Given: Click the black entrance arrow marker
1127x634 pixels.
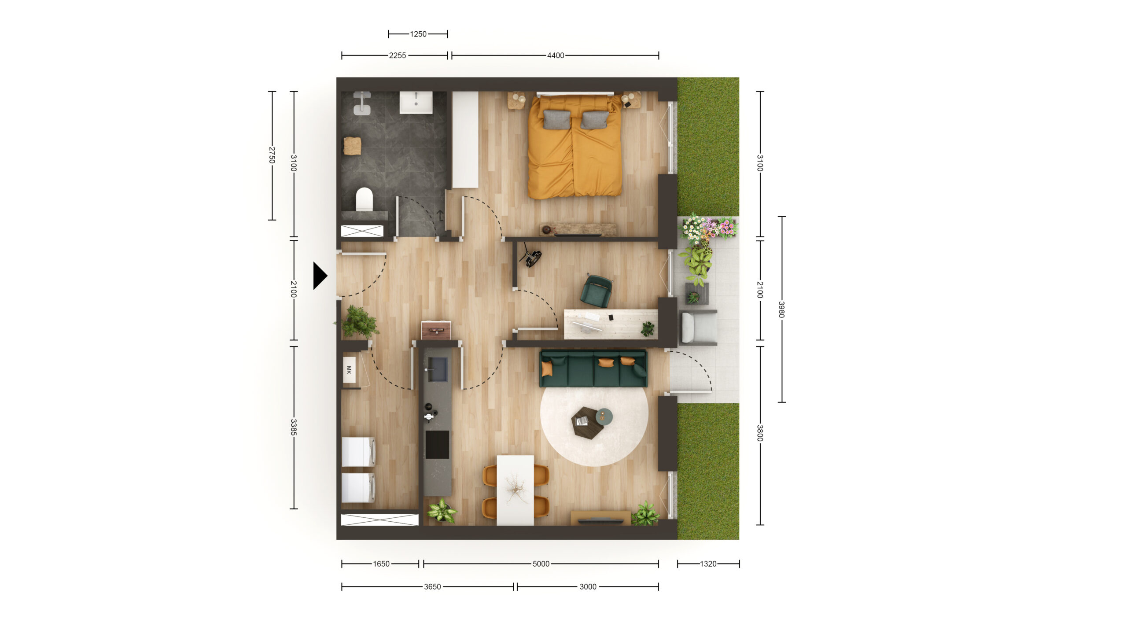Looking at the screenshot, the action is coord(320,276).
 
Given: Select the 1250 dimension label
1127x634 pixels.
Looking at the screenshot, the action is coord(418,34).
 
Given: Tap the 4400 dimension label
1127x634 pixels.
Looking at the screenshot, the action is coord(555,55).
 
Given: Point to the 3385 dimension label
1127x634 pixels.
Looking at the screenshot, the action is coord(294,427).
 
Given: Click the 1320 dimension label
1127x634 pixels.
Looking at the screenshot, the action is coord(708,564).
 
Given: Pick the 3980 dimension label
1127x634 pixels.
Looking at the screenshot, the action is coord(781,309).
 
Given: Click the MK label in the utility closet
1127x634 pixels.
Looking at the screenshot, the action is coord(349,370).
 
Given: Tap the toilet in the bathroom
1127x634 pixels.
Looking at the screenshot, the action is coord(364,199).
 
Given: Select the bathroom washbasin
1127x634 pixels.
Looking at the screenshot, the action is coord(416,102).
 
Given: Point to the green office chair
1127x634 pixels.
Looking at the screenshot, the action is coord(596,291).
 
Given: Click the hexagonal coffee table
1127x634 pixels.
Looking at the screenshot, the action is coord(587,421).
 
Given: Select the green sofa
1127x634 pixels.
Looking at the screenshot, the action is coord(593,369).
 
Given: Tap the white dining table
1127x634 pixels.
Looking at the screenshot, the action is coord(515,490).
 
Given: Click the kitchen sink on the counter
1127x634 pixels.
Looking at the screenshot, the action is coord(438,369).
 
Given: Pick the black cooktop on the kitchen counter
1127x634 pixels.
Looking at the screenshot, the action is coord(437,445).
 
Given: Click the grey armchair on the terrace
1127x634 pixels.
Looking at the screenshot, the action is coord(698,327).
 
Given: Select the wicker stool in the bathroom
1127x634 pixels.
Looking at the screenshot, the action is coord(352,146).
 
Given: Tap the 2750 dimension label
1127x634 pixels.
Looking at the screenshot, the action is coord(272,155).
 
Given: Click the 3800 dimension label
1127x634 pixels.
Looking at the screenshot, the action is coord(760,433).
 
